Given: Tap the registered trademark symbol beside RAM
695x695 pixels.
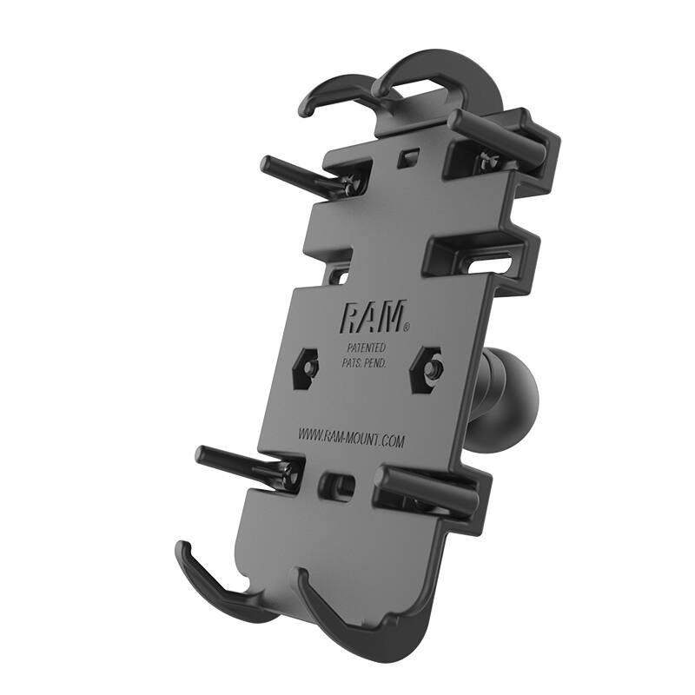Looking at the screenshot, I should [x=406, y=329].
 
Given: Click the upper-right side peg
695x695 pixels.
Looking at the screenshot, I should [x=500, y=136].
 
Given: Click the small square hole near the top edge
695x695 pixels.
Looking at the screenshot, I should [x=407, y=159].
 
